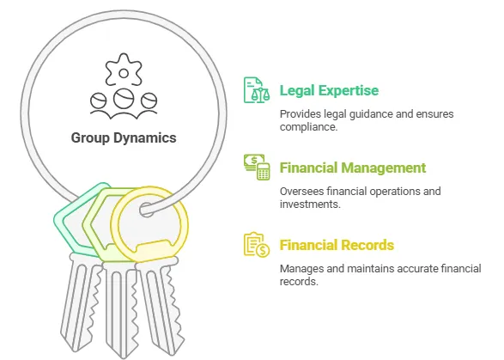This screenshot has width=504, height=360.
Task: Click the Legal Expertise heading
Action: pos(329,90)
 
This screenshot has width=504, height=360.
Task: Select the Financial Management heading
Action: pos(353,168)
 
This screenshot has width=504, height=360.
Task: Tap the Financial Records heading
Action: pos(337,245)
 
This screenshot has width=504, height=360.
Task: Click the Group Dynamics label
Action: pos(124,138)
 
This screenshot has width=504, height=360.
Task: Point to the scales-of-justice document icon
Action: pos(256,89)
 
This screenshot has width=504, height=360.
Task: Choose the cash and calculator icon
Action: pos(257,167)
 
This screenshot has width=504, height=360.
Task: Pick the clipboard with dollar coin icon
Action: pos(257,245)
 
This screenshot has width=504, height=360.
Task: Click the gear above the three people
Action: pos(124,70)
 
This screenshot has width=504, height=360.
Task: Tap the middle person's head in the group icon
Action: pos(124,99)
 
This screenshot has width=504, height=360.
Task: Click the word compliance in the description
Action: pos(308,127)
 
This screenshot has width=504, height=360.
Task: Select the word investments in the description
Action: pos(310,204)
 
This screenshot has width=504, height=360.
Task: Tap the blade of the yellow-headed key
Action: pos(161,306)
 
